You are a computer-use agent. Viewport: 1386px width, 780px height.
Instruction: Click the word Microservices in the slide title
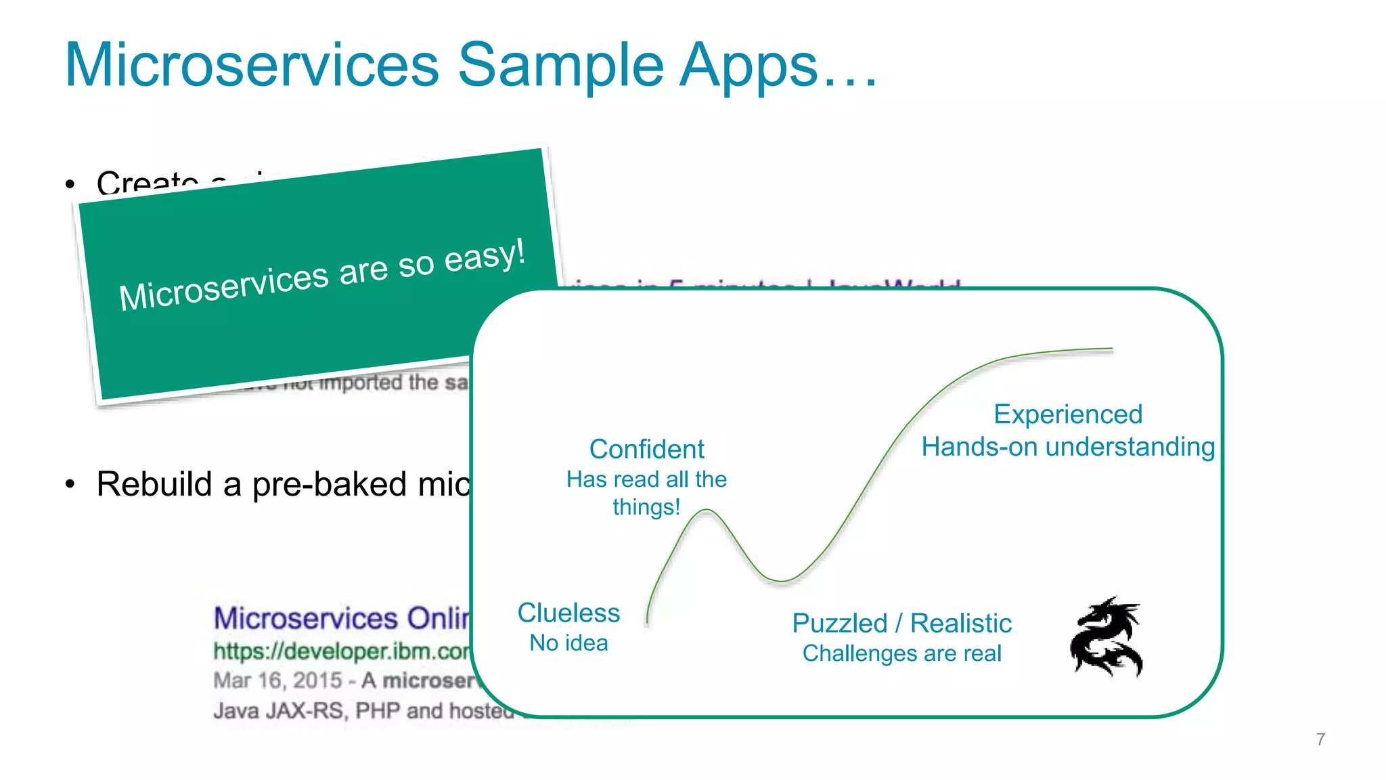(252, 65)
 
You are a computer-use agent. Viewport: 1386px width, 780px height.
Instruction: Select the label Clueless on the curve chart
(568, 613)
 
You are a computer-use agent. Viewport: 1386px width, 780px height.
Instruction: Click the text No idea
(568, 643)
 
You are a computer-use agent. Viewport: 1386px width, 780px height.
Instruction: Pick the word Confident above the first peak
(646, 450)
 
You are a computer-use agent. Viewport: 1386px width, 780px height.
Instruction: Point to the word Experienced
(1067, 414)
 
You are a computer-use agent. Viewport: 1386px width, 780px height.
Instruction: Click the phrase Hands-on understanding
(1067, 447)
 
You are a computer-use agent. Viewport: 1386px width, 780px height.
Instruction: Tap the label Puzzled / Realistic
(901, 623)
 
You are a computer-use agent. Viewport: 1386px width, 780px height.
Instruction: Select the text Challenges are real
(901, 653)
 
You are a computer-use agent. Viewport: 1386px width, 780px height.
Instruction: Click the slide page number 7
(1320, 739)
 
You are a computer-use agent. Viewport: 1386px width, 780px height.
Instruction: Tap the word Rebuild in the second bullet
(154, 484)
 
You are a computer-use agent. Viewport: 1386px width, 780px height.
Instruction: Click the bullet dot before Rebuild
(70, 484)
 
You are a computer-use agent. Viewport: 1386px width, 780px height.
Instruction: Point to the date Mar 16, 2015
(277, 680)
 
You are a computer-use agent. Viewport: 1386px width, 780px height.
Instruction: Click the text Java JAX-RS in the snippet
(279, 711)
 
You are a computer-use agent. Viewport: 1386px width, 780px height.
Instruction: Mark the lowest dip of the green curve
(782, 581)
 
